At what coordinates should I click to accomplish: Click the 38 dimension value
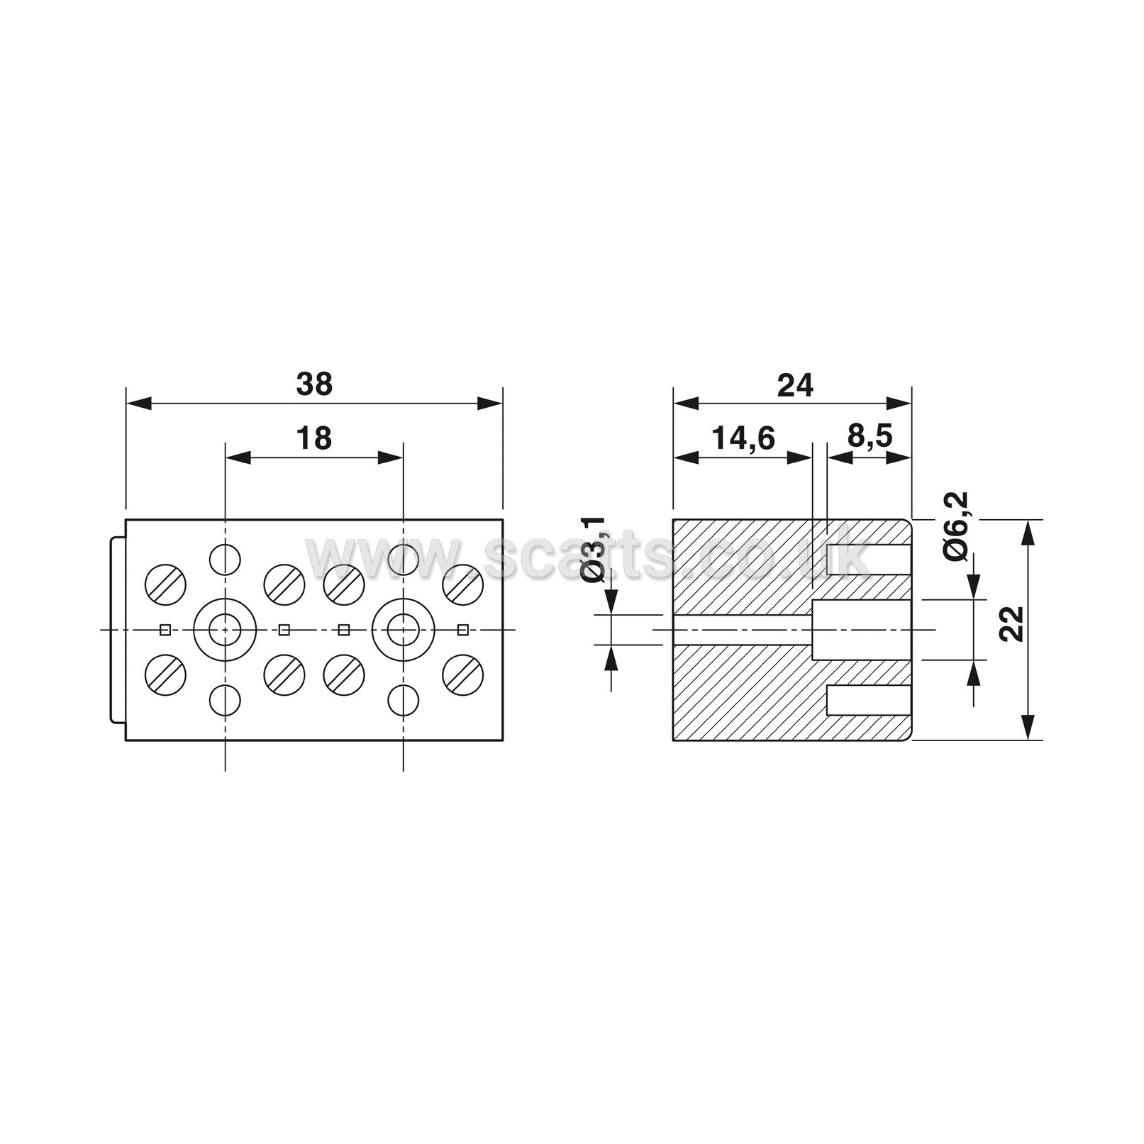[x=314, y=384]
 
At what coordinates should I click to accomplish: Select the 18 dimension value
[x=313, y=439]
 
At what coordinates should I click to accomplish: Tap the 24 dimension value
[x=795, y=385]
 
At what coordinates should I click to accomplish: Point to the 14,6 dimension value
[x=743, y=439]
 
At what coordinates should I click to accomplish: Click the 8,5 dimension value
[x=870, y=437]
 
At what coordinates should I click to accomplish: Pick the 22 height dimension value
[x=1013, y=624]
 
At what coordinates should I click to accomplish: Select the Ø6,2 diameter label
[x=957, y=527]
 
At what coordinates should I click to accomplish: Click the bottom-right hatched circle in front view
[x=463, y=674]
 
